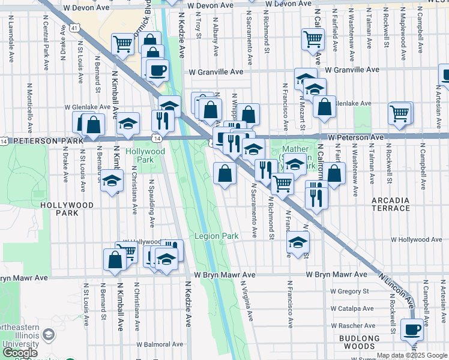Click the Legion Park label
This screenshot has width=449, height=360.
pyautogui.click(x=216, y=236)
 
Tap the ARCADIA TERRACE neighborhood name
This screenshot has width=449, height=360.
pyautogui.click(x=390, y=204)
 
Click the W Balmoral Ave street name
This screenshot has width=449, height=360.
pyautogui.click(x=161, y=344)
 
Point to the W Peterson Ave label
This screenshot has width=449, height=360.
pyautogui.click(x=355, y=137)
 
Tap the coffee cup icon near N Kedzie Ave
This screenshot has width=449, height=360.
pyautogui.click(x=157, y=70)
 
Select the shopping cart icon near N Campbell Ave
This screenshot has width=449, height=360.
pyautogui.click(x=400, y=112)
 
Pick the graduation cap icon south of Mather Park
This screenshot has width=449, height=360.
pyautogui.click(x=297, y=242)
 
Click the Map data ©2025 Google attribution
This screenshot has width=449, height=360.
pyautogui.click(x=412, y=355)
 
